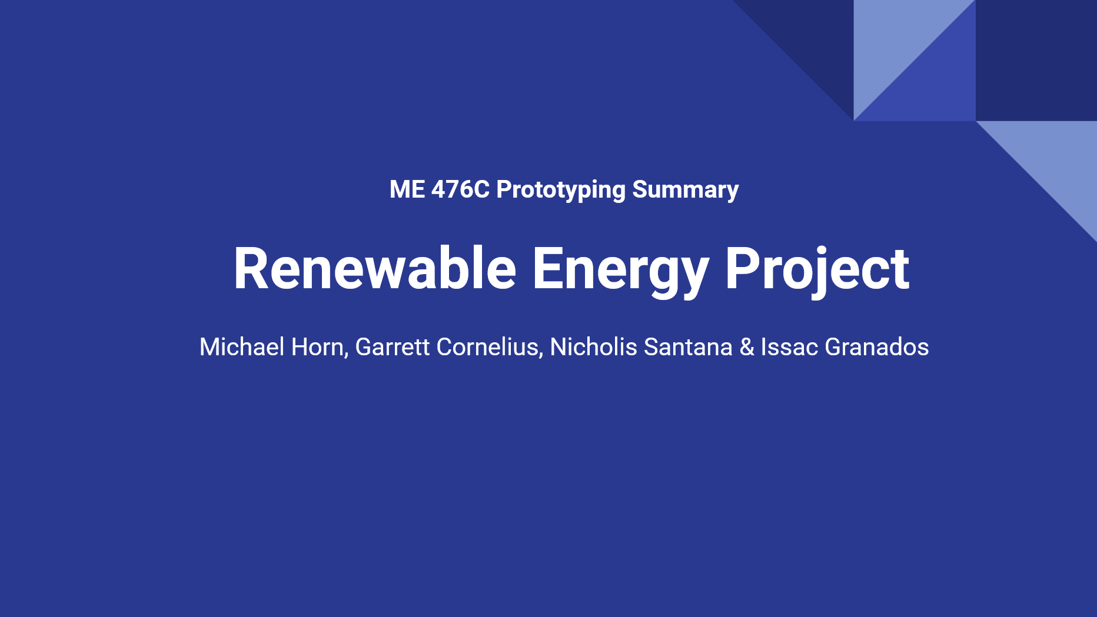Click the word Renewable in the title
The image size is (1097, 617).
click(375, 269)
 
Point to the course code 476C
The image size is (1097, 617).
click(460, 189)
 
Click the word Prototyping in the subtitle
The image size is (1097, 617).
click(561, 191)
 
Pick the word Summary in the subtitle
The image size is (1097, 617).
click(685, 191)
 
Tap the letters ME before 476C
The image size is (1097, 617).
click(407, 189)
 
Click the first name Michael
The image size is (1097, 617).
click(242, 347)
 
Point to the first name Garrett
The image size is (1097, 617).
click(393, 347)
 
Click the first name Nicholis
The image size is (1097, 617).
click(593, 347)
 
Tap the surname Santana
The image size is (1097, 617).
click(688, 347)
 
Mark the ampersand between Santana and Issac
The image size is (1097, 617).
click(747, 347)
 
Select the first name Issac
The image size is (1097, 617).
click(789, 347)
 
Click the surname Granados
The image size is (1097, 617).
click(877, 347)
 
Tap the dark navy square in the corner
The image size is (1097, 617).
click(1036, 60)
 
